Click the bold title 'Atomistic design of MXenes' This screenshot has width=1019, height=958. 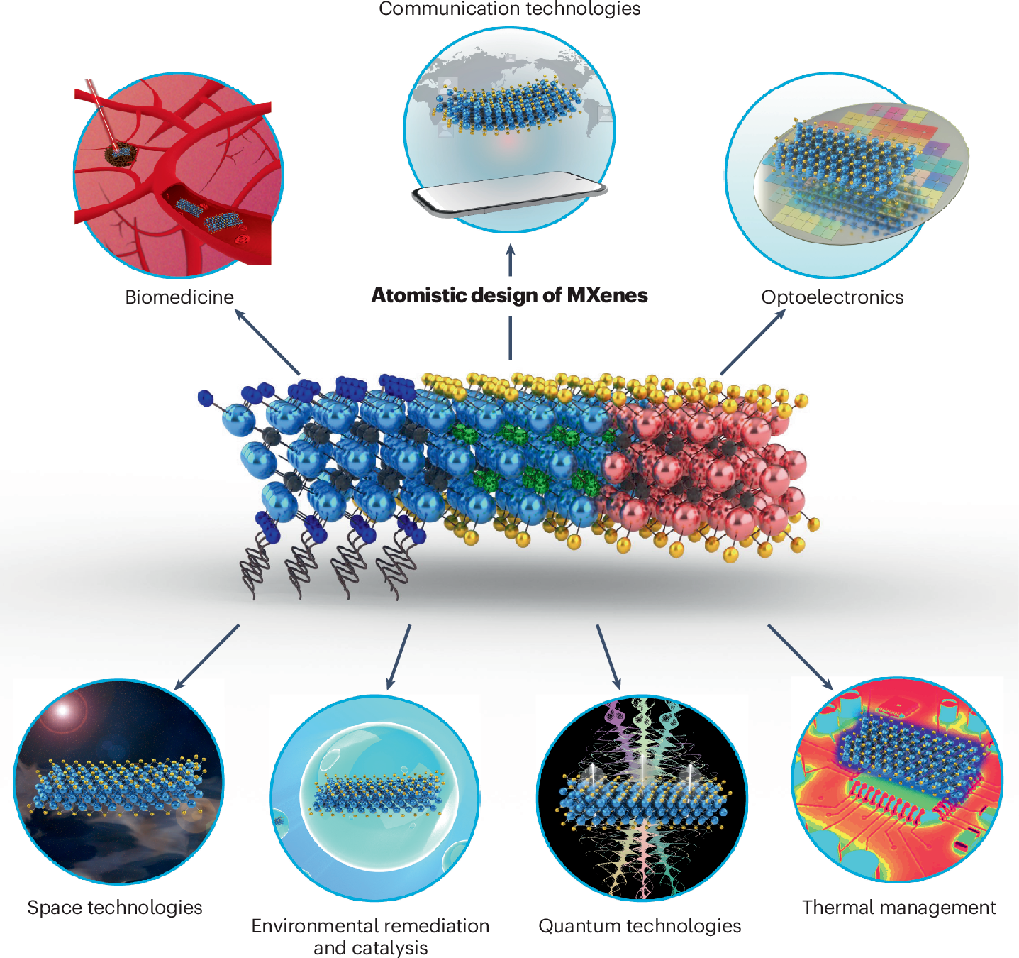click(x=509, y=295)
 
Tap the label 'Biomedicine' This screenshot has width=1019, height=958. click(x=179, y=297)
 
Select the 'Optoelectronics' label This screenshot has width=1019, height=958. click(x=832, y=297)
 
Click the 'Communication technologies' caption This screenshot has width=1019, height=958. click(x=509, y=9)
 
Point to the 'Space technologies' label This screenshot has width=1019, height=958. click(x=114, y=908)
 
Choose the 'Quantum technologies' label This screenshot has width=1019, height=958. click(x=640, y=926)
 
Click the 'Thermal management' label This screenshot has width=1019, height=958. click(x=899, y=908)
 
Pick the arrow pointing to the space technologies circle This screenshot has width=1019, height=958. click(x=207, y=657)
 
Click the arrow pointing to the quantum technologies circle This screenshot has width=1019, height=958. click(x=608, y=657)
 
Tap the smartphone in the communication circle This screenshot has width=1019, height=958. click(x=509, y=193)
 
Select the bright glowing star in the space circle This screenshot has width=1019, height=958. click(x=62, y=710)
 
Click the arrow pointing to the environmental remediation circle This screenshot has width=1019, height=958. click(x=399, y=657)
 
